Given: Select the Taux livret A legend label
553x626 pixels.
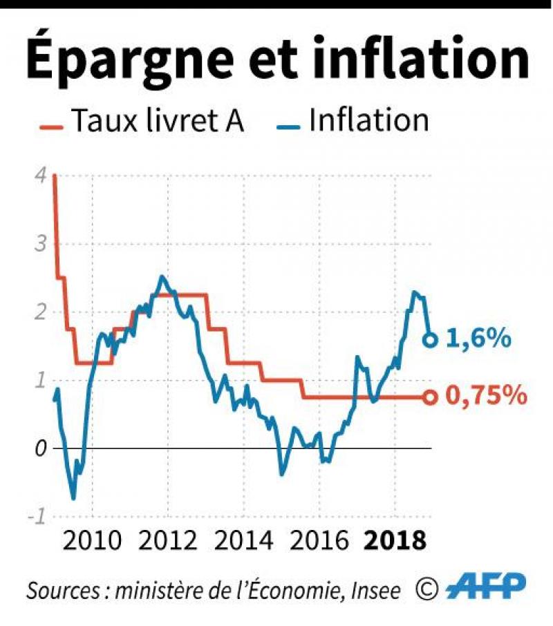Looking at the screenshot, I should point(158,122).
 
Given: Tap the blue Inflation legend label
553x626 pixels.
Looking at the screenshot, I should point(369,121).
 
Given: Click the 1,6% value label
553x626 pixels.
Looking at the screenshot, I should point(478,339).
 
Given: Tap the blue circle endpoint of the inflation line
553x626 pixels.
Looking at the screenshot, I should point(429,339).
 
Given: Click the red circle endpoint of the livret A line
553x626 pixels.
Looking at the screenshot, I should point(429,397).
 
